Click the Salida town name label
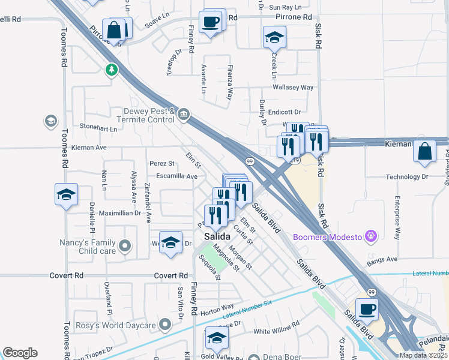(x=217, y=236)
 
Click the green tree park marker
(x=111, y=70)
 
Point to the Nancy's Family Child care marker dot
(x=125, y=245)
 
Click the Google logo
(x=20, y=353)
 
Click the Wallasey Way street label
(x=293, y=88)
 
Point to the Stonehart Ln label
(x=98, y=128)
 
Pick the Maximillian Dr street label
(x=119, y=213)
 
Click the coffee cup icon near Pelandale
(x=367, y=309)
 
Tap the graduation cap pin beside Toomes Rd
(x=66, y=194)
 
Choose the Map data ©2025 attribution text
(x=423, y=355)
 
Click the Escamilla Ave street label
(x=177, y=177)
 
